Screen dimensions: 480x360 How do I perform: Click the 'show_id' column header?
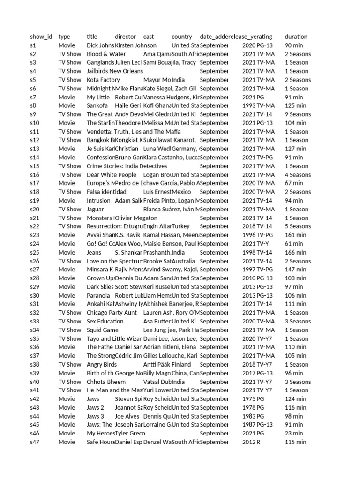pos(41,37)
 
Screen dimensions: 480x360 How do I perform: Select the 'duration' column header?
pos(296,37)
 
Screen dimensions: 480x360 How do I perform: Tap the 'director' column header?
pos(125,37)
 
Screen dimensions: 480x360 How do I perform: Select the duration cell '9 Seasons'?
pos(298,114)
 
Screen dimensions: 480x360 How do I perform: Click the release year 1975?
pos(249,399)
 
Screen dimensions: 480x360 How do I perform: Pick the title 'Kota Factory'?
pos(103,80)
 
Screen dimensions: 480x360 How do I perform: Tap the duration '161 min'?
pos(295,235)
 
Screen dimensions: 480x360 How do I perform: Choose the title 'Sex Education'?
pos(105,321)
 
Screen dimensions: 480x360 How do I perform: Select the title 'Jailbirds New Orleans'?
pos(115,71)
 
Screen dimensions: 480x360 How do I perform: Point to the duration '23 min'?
pos(294,434)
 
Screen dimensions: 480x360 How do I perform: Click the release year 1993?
pos(249,106)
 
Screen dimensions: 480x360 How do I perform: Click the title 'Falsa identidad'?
pos(106,192)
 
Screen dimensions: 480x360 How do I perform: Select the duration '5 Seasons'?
pos(298,226)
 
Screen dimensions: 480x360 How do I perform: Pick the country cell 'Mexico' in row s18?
pos(181,192)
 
